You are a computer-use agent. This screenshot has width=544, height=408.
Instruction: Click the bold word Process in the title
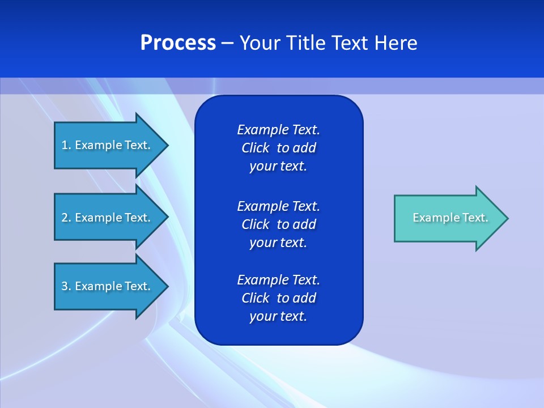coord(178,43)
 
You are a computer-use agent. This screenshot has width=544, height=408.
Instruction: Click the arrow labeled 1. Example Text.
coord(108,145)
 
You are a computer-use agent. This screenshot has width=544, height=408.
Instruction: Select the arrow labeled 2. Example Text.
coord(108,218)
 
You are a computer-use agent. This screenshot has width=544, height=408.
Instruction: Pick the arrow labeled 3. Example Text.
coord(108,286)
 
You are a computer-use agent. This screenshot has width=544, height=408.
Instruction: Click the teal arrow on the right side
coord(448,218)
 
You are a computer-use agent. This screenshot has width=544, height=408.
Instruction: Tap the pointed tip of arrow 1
coord(166,145)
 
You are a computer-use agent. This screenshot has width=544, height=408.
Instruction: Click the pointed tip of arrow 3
coord(166,286)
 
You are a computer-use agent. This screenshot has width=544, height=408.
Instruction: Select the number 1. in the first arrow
coord(66,145)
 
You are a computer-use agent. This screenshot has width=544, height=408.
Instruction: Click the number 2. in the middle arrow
coord(66,218)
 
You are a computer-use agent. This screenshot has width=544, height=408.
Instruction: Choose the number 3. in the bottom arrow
coord(66,286)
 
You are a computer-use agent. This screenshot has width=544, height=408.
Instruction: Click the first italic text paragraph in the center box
coord(278,148)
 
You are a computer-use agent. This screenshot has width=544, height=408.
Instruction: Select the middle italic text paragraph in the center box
coord(278,224)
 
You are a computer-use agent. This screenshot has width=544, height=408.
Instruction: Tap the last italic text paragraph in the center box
coord(278,298)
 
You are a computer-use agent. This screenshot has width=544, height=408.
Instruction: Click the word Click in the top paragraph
coord(255,148)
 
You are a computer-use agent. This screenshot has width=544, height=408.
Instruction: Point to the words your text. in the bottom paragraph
coord(278,316)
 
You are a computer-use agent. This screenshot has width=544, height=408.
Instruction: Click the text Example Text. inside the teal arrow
coord(450,218)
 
